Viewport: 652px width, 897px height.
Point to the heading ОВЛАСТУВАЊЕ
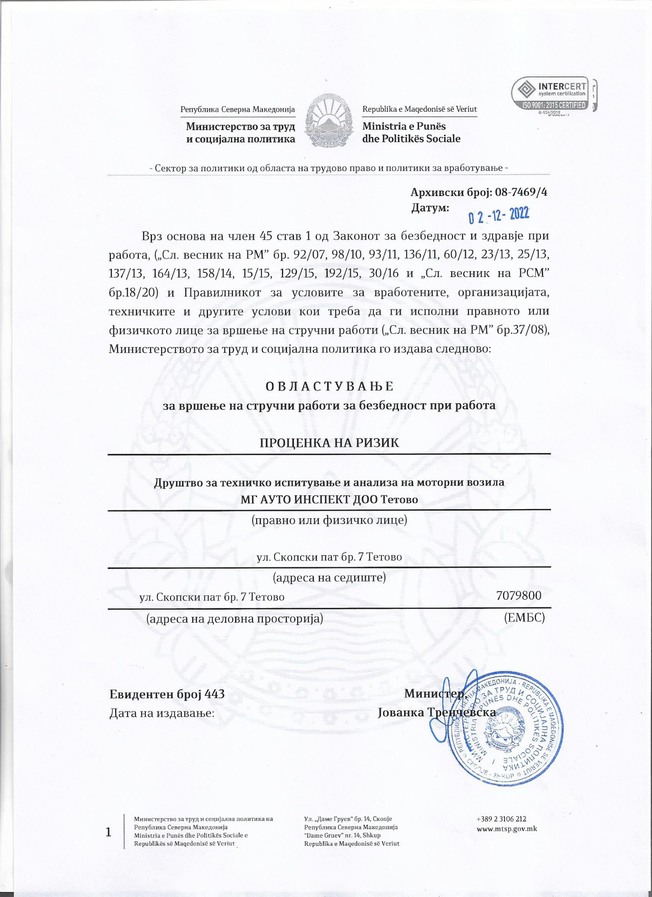(x=329, y=386)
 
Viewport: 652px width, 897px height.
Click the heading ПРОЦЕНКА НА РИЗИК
(x=329, y=443)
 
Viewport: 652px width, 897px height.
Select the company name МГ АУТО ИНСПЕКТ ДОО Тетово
(x=329, y=499)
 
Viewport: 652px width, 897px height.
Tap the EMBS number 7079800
(x=519, y=596)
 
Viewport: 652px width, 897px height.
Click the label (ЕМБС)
(x=524, y=618)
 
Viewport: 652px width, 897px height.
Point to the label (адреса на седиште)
(x=329, y=577)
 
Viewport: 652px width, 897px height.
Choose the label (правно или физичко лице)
(x=329, y=520)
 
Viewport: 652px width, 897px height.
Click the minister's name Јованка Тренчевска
(x=436, y=712)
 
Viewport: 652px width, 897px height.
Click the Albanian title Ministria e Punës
(x=404, y=126)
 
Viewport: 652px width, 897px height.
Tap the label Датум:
(x=430, y=208)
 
